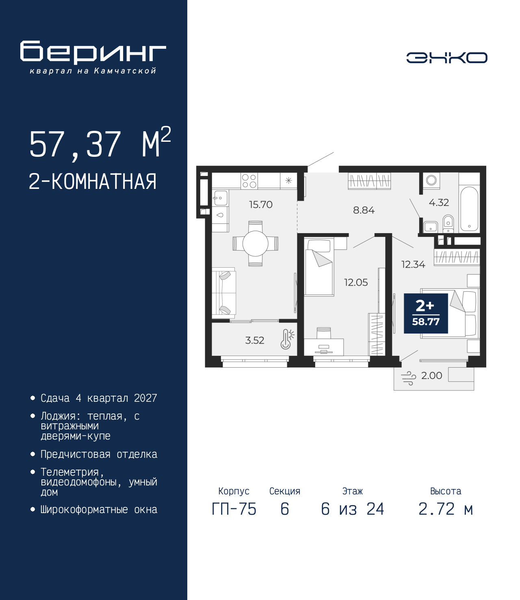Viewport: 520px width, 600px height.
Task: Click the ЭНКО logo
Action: pos(446,57)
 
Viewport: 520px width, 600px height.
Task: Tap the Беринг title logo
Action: pos(93,52)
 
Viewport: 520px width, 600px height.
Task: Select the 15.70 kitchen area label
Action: pos(261,205)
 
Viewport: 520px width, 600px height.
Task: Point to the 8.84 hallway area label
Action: pos(364,210)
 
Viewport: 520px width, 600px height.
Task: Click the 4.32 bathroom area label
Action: pos(439,202)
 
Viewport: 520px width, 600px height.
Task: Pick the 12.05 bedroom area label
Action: pos(356,282)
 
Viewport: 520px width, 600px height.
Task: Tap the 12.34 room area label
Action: pos(413,264)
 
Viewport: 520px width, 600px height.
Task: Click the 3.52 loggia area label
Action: pos(255,340)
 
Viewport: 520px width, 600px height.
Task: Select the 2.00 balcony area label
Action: pos(432,375)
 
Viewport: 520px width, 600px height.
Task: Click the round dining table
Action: pos(255,244)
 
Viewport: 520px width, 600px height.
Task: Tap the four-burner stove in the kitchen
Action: pos(249,181)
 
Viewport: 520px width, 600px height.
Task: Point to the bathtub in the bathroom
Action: pos(469,209)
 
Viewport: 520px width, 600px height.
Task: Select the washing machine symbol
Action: pos(431,180)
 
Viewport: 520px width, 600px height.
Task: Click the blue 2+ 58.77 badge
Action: pos(426,313)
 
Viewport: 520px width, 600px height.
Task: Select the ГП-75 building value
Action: pos(234,509)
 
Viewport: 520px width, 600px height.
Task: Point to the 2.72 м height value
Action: pos(446,509)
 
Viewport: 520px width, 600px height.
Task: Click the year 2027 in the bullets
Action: pos(145,398)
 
